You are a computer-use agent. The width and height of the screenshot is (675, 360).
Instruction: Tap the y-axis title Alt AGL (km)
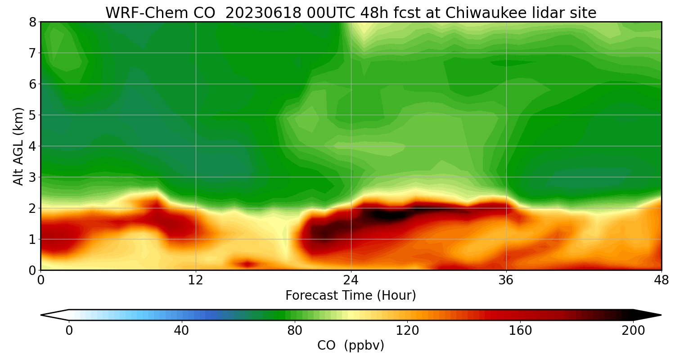[18, 146]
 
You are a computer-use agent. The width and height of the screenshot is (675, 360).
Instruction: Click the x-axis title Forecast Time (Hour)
[351, 296]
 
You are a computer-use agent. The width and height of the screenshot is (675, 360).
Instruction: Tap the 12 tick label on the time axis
[196, 280]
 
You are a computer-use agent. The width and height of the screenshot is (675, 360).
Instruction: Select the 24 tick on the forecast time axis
[351, 280]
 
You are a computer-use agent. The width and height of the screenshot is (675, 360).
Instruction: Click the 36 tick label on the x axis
[506, 280]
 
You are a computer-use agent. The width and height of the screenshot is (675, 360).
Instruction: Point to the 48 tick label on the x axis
[661, 280]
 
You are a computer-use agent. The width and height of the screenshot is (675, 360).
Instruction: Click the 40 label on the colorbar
[181, 331]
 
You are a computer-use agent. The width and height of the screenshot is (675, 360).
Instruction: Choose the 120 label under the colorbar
[407, 331]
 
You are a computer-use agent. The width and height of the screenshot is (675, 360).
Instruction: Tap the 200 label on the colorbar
[633, 331]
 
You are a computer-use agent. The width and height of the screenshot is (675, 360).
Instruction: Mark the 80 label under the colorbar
[295, 331]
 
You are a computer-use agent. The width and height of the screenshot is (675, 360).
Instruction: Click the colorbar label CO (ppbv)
[351, 346]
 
